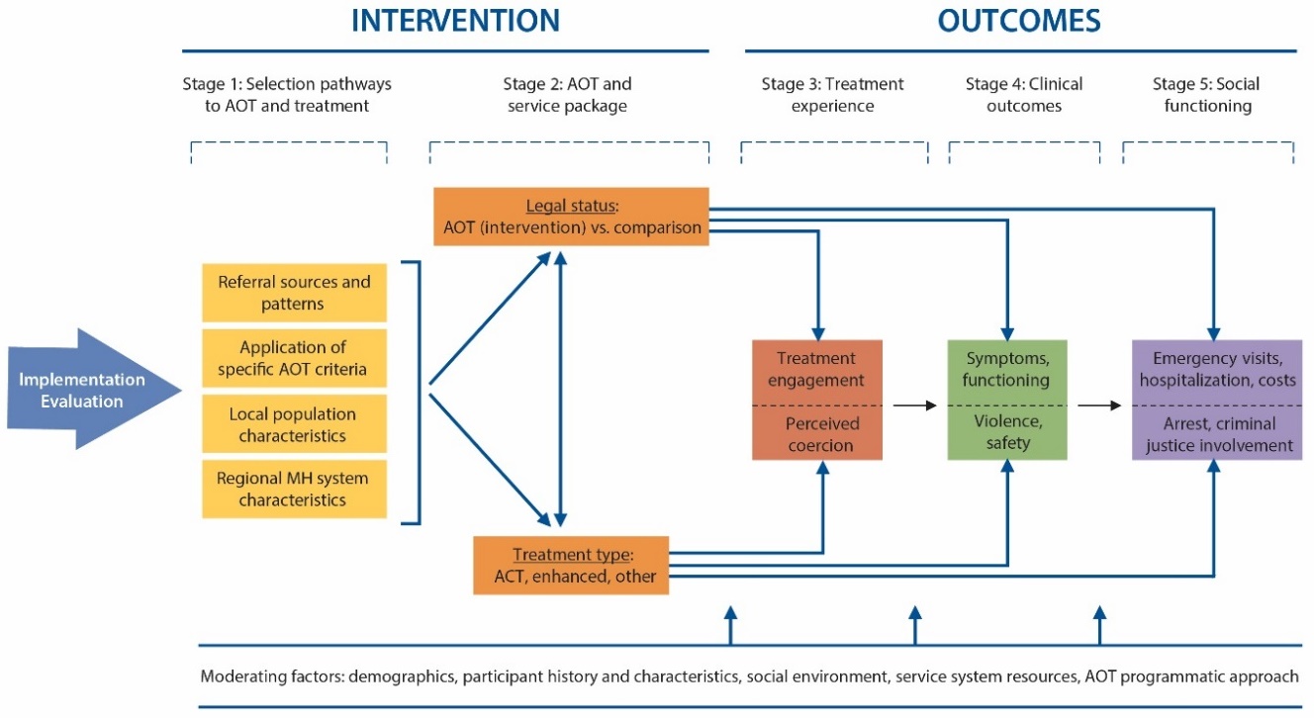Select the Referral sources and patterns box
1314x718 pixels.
(x=293, y=293)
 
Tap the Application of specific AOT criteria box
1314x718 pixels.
(x=293, y=358)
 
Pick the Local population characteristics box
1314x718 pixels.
(x=293, y=424)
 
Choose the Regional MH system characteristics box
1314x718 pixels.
(x=293, y=490)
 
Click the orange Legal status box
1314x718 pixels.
(x=571, y=217)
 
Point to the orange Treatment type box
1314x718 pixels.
(x=571, y=565)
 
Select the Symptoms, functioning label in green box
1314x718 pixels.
(x=1008, y=369)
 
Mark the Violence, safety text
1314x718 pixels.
(x=1008, y=434)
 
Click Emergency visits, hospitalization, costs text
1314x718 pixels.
(x=1216, y=369)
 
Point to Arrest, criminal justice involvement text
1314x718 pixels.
(x=1216, y=434)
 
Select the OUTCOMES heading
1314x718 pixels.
(x=1019, y=21)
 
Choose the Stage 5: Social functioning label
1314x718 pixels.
(x=1206, y=95)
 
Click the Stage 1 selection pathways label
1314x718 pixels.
(x=287, y=95)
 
